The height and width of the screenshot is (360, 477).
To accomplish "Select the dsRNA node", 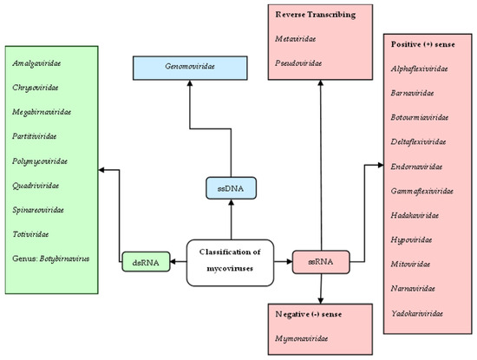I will pyautogui.click(x=140, y=258).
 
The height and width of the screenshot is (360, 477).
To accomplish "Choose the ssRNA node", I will pyautogui.click(x=309, y=258).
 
